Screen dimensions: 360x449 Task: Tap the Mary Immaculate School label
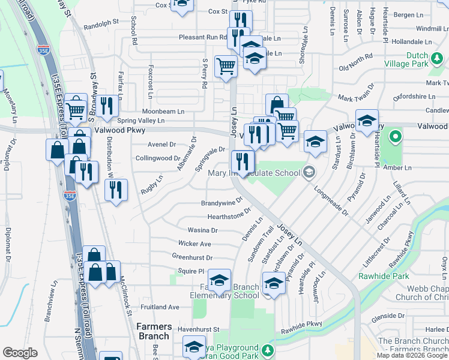pos(253,173)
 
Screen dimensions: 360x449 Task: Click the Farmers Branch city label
pos(154,331)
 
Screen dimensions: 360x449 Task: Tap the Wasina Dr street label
pos(202,230)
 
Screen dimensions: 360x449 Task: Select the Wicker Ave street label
pos(194,244)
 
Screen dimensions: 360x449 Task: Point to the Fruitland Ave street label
pos(161,307)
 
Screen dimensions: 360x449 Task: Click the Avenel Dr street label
pos(161,145)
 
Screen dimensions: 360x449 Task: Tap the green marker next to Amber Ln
pos(394,137)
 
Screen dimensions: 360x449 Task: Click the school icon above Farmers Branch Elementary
pos(219,280)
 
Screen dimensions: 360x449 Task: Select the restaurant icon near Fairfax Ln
pos(108,105)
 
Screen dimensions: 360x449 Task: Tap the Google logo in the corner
pos(20,353)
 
